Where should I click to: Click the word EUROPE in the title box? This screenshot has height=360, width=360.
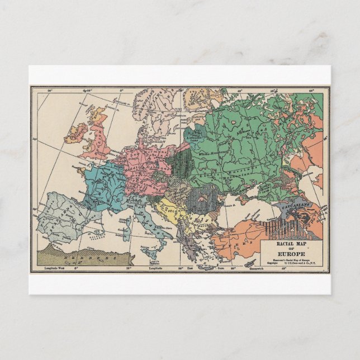[x=290, y=250]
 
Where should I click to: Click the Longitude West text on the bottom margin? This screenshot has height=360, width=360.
[x=54, y=269]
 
